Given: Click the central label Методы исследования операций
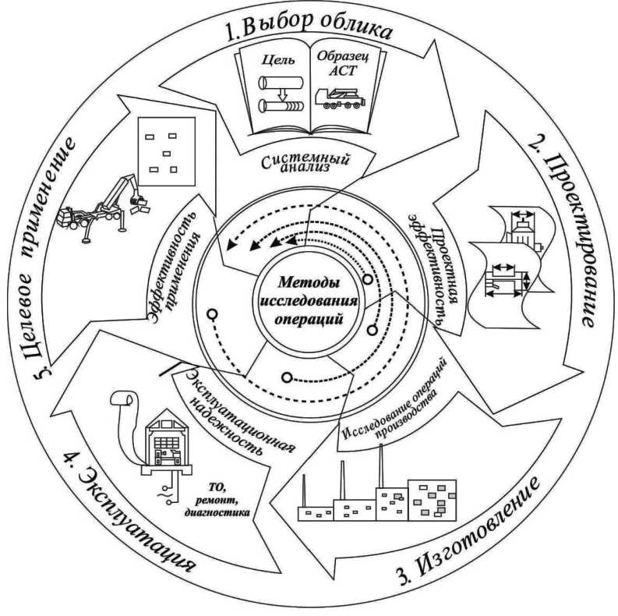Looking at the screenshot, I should (x=309, y=300).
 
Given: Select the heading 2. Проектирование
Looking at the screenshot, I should (x=565, y=234).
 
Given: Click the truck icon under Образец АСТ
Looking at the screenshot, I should (x=341, y=97).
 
